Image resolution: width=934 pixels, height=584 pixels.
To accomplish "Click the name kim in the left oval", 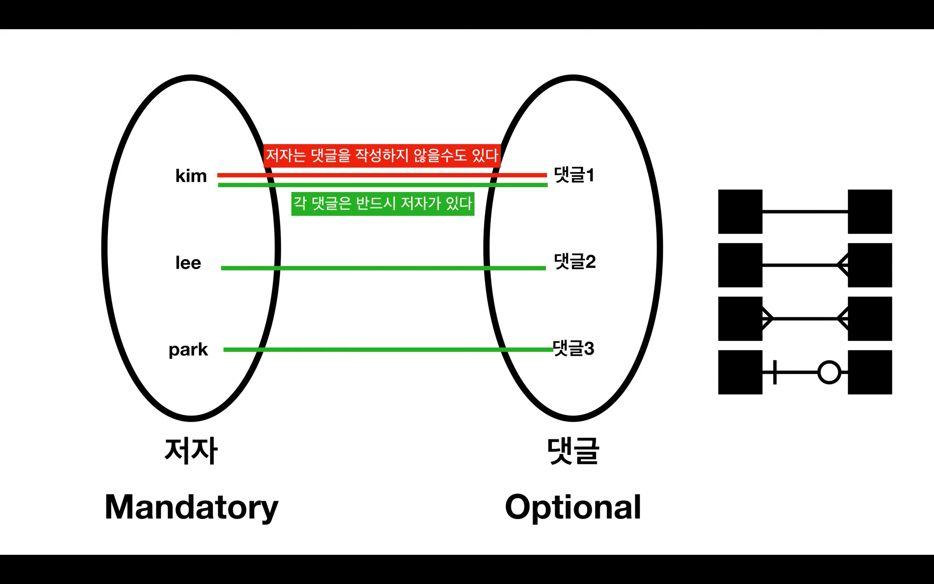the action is [191, 176].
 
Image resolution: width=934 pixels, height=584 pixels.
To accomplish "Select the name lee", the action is [188, 263].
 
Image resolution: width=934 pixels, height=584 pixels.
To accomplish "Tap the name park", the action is [188, 350].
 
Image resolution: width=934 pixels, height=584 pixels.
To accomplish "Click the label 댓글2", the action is [574, 262].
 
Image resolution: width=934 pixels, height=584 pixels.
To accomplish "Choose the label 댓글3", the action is [573, 348].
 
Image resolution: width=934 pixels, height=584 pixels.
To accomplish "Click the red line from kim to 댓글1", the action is [382, 175].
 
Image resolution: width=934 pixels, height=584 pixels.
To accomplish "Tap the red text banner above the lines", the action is [382, 155].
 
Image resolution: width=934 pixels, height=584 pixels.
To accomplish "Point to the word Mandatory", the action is [191, 507].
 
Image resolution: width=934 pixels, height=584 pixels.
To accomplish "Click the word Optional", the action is [573, 507].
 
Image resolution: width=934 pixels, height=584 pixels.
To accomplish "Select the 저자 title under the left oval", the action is [191, 451].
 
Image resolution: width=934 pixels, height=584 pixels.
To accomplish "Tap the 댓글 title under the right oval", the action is [573, 451].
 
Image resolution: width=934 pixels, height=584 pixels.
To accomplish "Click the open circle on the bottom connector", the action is [829, 372].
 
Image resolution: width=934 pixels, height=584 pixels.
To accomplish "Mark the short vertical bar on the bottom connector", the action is [774, 372].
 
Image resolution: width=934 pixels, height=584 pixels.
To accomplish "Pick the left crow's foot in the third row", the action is [767, 319].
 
